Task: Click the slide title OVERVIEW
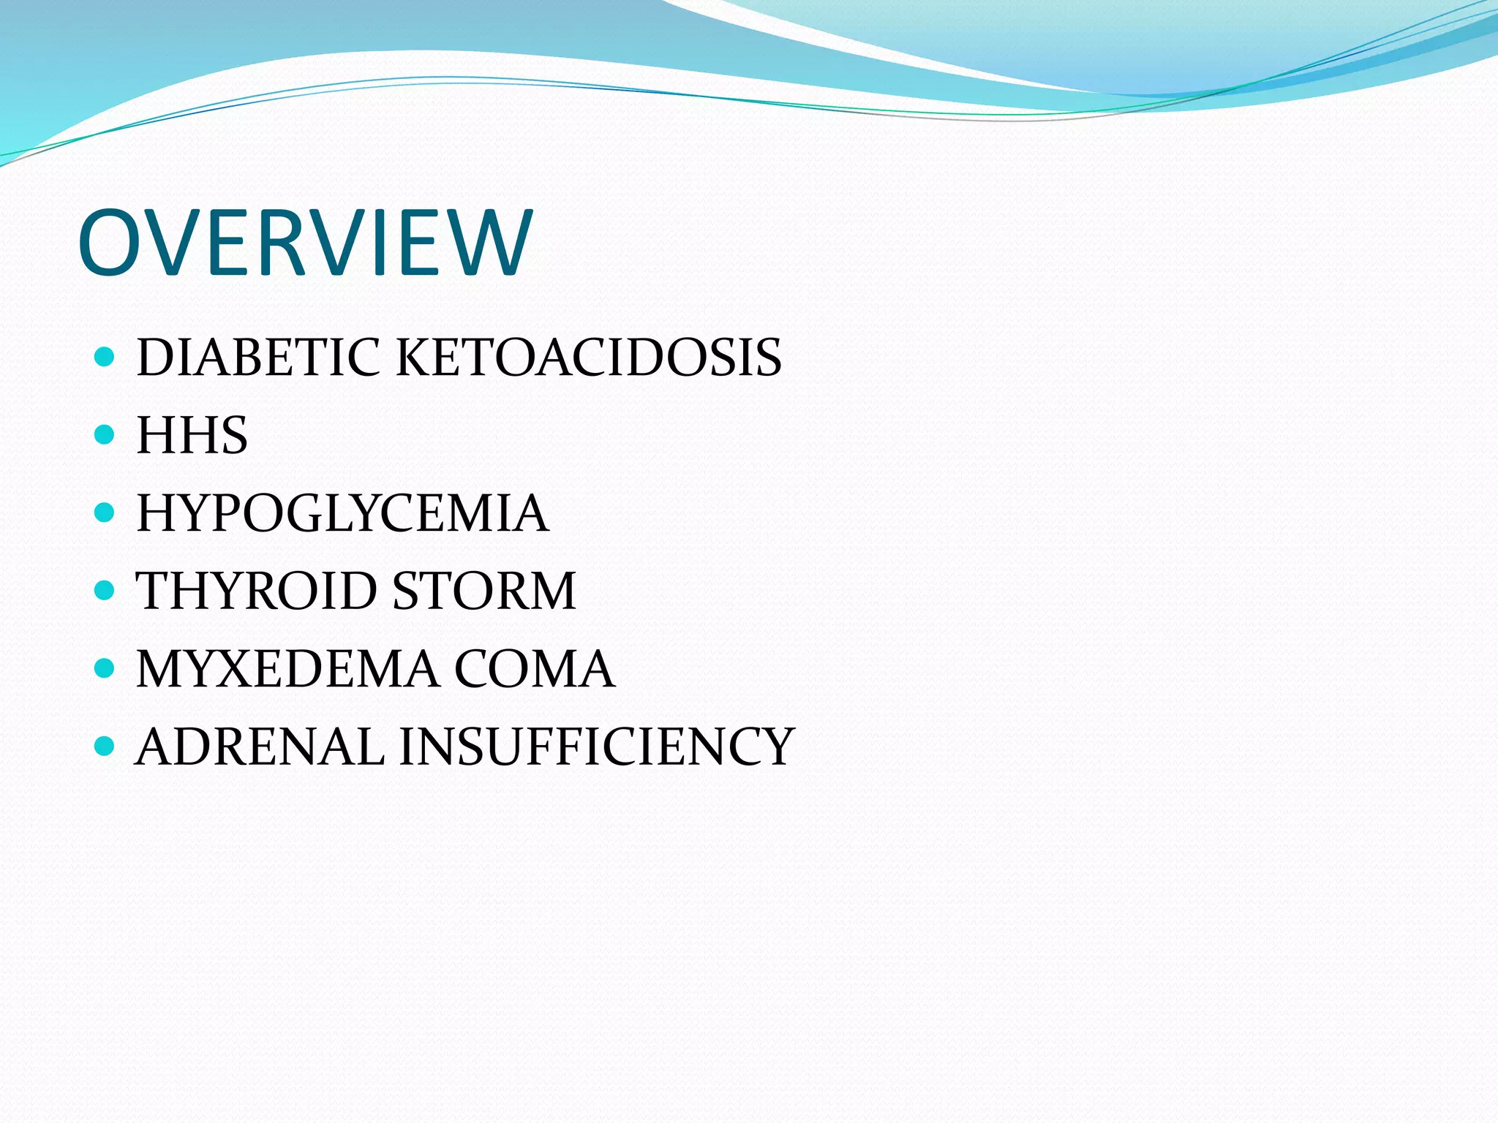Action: [x=304, y=243]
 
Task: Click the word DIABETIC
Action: [x=258, y=358]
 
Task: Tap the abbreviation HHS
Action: [x=192, y=436]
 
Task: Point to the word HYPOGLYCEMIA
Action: [x=342, y=513]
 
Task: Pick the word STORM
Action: [x=484, y=591]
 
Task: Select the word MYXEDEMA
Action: [x=288, y=669]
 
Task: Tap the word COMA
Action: [x=534, y=669]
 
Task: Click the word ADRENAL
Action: [x=260, y=746]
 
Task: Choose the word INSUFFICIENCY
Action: [x=596, y=746]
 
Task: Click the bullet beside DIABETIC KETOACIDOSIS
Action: [x=105, y=357]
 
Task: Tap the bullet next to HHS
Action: [x=105, y=435]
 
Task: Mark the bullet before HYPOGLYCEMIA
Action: [x=105, y=513]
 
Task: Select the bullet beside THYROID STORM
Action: [x=105, y=590]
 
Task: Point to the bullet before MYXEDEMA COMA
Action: [x=105, y=668]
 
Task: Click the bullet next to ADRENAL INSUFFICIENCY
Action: [x=105, y=746]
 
